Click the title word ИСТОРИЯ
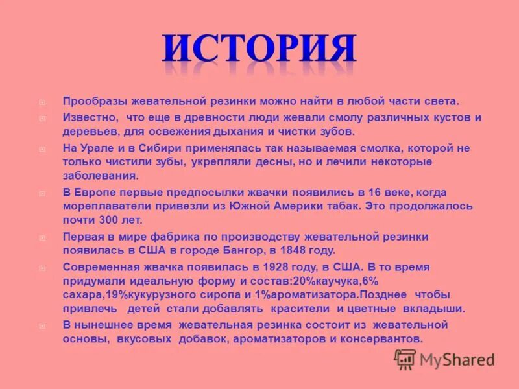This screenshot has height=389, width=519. (259, 51)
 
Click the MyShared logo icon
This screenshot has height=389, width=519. (405, 359)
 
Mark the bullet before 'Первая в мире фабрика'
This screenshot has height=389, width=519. (42, 237)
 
